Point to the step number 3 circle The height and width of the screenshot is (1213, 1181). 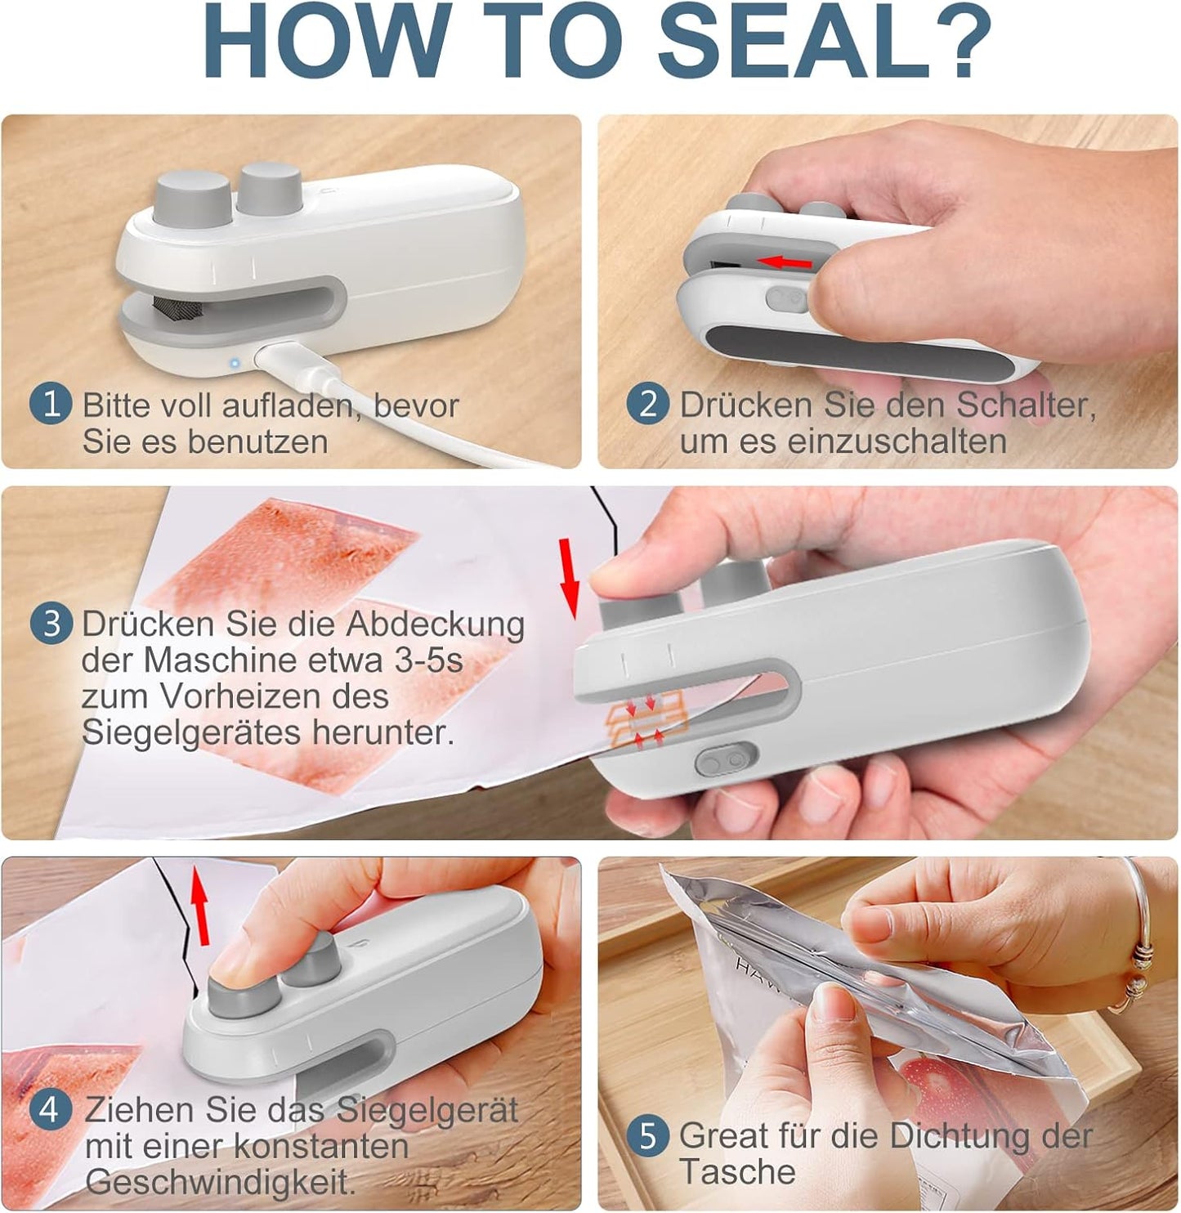click(51, 624)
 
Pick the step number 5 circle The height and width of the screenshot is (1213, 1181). click(648, 1135)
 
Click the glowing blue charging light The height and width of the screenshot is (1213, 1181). click(235, 363)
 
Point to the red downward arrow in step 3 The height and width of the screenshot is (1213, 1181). click(569, 579)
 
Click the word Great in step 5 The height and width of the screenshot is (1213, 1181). click(723, 1135)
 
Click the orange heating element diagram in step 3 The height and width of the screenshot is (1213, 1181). click(646, 721)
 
